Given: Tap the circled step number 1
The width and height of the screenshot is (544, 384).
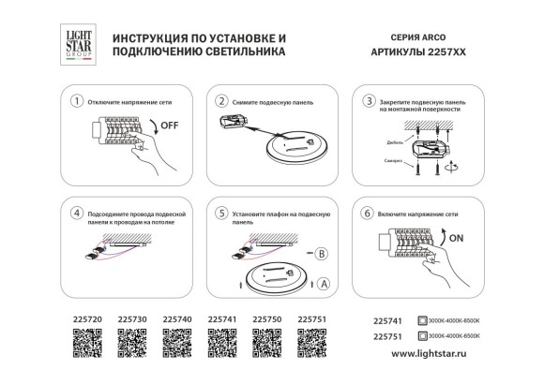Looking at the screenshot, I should coord(78,99).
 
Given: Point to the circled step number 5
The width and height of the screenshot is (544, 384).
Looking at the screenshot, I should coord(221,214).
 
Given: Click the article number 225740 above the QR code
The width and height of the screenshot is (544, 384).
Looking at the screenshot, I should coord(177,320).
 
